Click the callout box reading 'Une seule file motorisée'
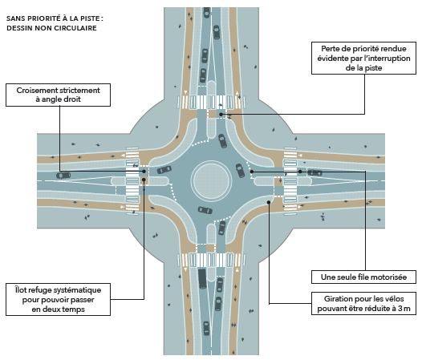pyautogui.click(x=363, y=277)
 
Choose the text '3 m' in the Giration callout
pyautogui.click(x=404, y=309)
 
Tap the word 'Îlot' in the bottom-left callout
pyautogui.click(x=20, y=289)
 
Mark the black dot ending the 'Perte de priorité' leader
pyautogui.click(x=221, y=115)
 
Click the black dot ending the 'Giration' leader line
pyautogui.click(x=269, y=202)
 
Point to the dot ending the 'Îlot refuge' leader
pyautogui.click(x=144, y=180)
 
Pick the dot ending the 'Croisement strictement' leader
pyautogui.click(x=144, y=172)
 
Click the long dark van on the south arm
pyautogui.click(x=202, y=278)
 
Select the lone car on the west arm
pyautogui.click(x=63, y=176)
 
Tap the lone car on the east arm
pyautogui.click(x=314, y=172)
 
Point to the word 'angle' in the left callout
pyautogui.click(x=51, y=99)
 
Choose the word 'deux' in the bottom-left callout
pyautogui.click(x=51, y=309)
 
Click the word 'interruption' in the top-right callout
pyautogui.click(x=388, y=58)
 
